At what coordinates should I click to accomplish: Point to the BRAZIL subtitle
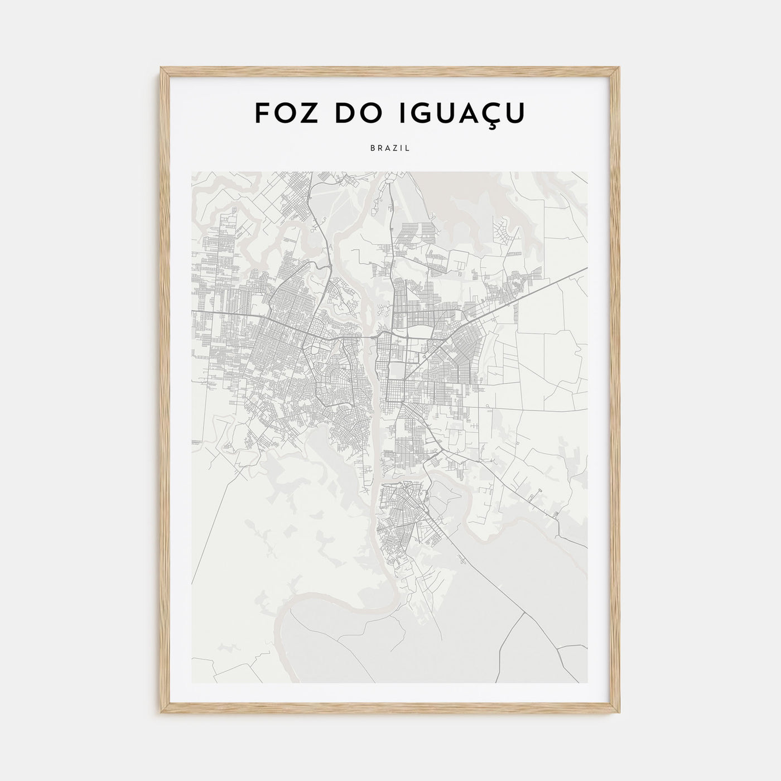390,148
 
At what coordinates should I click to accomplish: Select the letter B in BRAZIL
372,148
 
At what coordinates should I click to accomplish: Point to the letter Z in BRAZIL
394,148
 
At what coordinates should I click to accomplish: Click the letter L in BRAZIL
408,148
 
